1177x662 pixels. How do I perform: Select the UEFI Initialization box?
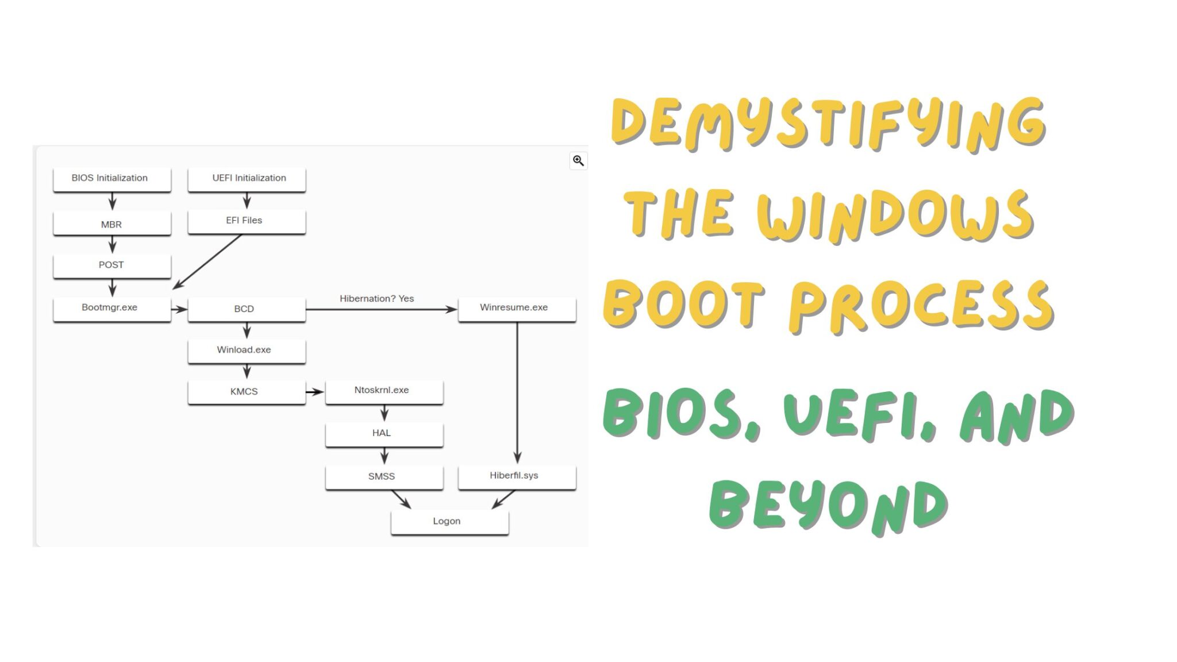[247, 179]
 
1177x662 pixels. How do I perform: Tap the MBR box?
[111, 224]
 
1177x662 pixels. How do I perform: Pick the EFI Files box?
[247, 221]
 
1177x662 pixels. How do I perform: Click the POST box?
[111, 265]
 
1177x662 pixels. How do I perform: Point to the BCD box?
[247, 309]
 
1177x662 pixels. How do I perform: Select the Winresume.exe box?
[517, 309]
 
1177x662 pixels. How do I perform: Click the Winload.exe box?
[247, 351]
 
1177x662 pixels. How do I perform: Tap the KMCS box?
[247, 392]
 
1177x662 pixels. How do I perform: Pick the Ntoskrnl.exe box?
[384, 391]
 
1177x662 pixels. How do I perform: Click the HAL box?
[384, 434]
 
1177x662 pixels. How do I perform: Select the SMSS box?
[384, 477]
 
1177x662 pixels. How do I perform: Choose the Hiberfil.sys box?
[517, 476]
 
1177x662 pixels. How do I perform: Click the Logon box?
[449, 522]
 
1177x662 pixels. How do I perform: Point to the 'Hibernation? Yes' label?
[376, 299]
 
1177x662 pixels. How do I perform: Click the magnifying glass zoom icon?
[578, 161]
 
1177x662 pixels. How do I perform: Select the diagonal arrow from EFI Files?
[207, 261]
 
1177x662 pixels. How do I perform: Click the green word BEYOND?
[828, 506]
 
